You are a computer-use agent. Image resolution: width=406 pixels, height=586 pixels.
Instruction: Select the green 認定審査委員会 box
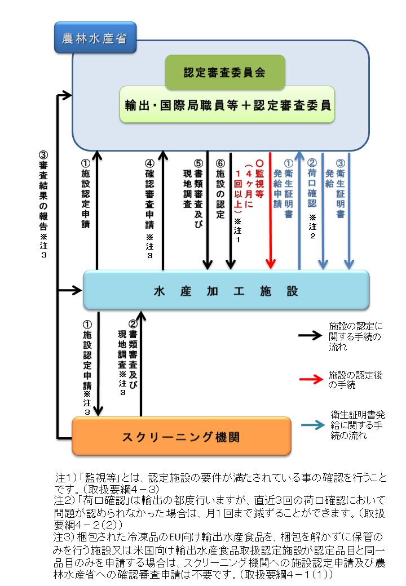tap(224, 73)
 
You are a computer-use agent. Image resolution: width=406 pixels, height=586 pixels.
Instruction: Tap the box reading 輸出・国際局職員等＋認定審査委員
tap(227, 104)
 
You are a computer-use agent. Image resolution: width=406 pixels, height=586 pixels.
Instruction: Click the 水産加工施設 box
tap(226, 290)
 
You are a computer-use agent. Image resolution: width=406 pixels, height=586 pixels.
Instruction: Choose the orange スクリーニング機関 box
tap(181, 436)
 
